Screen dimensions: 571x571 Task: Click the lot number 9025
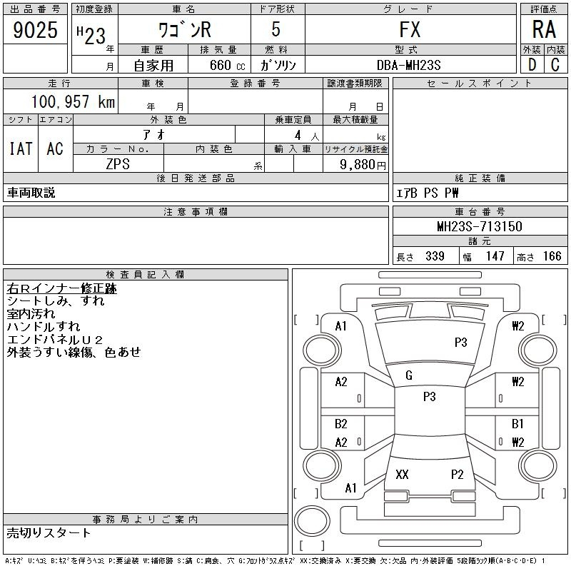[x=35, y=30]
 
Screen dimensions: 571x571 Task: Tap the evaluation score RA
[x=543, y=30]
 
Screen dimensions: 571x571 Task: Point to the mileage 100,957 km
[x=72, y=101]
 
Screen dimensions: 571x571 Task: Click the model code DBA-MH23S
[x=409, y=65]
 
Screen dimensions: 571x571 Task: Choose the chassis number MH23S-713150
[x=479, y=226]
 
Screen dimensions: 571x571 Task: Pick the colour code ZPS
[x=118, y=163]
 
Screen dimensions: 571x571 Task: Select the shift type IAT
[x=20, y=148]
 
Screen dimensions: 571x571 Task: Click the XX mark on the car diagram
[x=402, y=475]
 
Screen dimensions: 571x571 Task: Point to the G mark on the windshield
[x=408, y=375]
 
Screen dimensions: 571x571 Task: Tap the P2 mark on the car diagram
[x=457, y=475]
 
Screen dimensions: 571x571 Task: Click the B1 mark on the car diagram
[x=517, y=424]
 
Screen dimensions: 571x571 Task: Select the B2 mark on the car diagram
[x=341, y=424]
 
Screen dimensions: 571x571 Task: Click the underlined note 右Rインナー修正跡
[x=61, y=289]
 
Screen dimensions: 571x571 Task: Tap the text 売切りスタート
[x=49, y=532]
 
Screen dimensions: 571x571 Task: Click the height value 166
[x=552, y=256]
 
